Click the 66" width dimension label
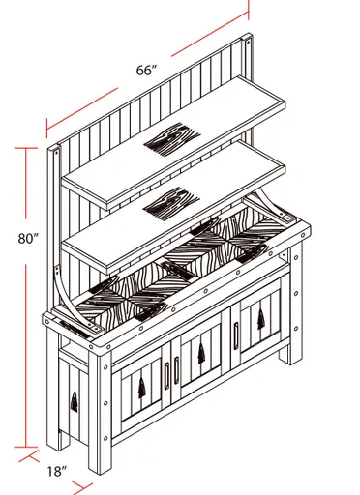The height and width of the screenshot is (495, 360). point(146,71)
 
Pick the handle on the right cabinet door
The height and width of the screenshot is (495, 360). point(235,334)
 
